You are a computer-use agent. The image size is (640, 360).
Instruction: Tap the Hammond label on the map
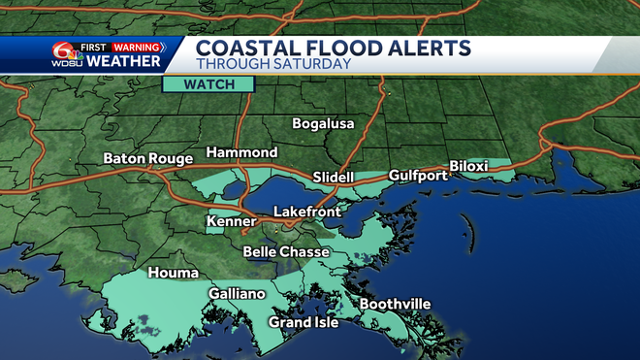241,153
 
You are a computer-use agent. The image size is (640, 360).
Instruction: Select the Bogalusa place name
324,124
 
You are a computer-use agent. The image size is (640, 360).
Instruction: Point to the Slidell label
336,178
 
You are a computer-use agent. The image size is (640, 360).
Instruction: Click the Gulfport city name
417,176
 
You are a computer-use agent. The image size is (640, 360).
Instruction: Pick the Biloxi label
469,167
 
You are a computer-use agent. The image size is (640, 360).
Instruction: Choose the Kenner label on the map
231,222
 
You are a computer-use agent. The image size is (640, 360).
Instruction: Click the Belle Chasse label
286,251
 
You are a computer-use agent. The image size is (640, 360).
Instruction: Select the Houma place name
173,273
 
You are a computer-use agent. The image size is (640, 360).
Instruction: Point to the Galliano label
237,293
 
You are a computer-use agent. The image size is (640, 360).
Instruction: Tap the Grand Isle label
304,322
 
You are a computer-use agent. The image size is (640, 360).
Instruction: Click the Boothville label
395,304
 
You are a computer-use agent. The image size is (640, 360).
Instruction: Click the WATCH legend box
208,84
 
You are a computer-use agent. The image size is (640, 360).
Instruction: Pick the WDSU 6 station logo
66,56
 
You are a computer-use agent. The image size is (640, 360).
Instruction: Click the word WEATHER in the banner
124,62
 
